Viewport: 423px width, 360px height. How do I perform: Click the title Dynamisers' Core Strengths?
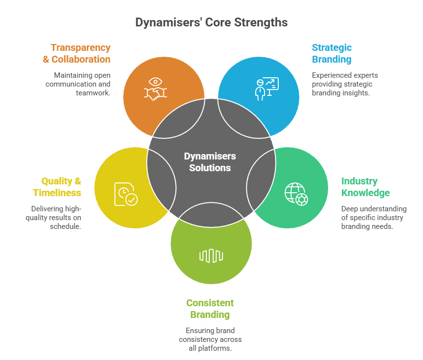point(211,22)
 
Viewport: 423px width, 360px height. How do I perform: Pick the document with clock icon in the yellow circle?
point(126,194)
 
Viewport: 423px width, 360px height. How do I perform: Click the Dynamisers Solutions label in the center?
point(210,162)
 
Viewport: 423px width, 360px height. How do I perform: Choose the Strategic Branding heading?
point(332,53)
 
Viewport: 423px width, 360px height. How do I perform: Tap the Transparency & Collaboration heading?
point(80,53)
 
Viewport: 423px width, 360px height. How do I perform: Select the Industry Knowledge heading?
point(365,187)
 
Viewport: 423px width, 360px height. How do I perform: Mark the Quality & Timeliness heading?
point(57,187)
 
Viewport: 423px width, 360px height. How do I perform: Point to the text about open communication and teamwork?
point(78,84)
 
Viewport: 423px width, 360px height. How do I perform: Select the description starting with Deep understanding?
point(374,218)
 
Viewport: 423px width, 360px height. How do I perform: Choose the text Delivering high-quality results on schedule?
point(53,218)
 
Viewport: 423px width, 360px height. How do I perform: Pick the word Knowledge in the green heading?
point(365,193)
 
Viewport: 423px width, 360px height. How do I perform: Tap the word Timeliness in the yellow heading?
point(57,193)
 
